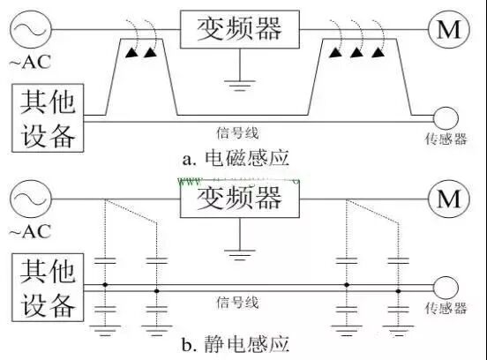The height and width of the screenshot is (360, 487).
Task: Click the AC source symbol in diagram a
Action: tap(27, 29)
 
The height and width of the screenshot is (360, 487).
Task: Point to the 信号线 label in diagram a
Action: tap(237, 133)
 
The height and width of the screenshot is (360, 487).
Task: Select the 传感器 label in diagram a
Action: tap(446, 140)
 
